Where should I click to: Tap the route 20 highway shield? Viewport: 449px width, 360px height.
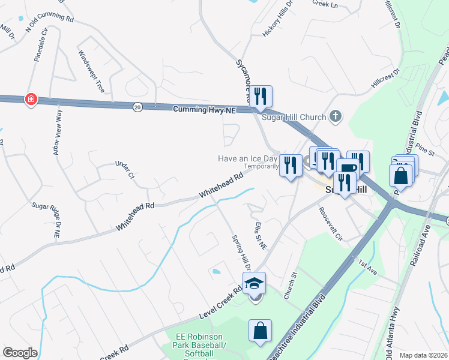pyautogui.click(x=137, y=107)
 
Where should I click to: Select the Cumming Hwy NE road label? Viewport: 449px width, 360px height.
pyautogui.click(x=204, y=110)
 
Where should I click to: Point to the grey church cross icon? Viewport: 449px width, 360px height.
pyautogui.click(x=336, y=117)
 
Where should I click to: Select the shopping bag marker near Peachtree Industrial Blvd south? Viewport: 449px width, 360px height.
pyautogui.click(x=260, y=331)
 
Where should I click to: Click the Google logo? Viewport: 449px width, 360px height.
pyautogui.click(x=19, y=353)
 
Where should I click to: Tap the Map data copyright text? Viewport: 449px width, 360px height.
pyautogui.click(x=423, y=355)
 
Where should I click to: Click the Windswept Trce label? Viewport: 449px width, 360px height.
pyautogui.click(x=91, y=71)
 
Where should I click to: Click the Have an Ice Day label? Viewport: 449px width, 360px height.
pyautogui.click(x=247, y=158)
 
